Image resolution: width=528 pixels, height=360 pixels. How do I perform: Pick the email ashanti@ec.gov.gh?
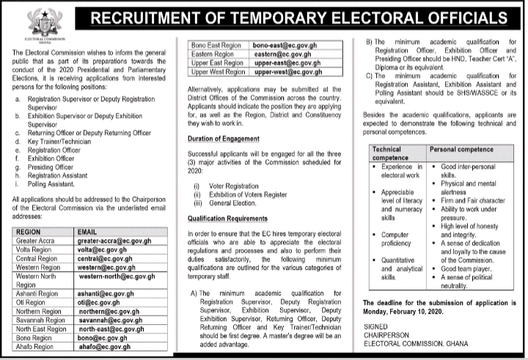click(107, 291)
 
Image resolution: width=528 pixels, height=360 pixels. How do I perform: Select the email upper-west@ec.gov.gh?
click(285, 72)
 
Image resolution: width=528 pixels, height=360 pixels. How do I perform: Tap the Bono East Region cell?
click(216, 45)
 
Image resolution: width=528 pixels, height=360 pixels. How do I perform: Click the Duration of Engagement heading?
click(219, 139)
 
